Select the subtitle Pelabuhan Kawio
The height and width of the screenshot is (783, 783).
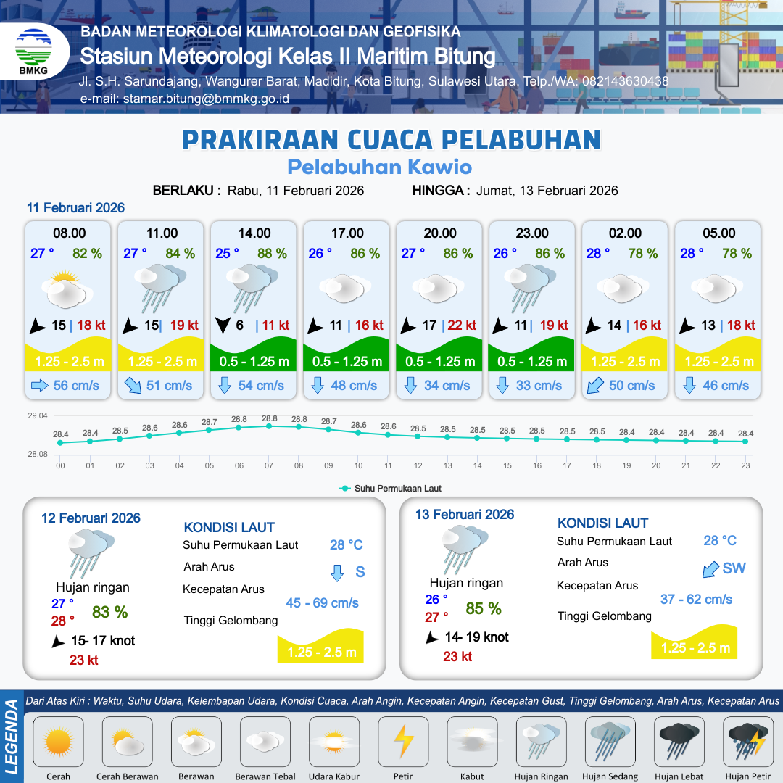tap(379, 167)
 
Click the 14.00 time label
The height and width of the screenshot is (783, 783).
tap(254, 233)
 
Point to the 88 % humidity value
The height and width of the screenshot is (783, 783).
tap(272, 254)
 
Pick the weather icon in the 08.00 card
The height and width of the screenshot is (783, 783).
tap(67, 289)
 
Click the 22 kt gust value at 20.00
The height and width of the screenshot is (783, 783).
tap(462, 326)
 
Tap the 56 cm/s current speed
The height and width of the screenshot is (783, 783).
tap(76, 385)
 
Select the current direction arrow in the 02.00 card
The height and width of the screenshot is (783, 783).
tap(594, 385)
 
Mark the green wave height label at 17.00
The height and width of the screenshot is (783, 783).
tap(347, 362)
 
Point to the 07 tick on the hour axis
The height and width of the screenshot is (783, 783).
tap(269, 465)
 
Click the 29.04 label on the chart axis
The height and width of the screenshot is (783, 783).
tap(38, 416)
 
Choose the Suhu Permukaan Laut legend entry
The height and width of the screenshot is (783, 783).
tap(391, 489)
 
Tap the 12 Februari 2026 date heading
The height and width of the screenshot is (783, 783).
tap(91, 518)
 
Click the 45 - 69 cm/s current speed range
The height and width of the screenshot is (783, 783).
tap(322, 603)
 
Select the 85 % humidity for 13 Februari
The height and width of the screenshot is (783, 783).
tap(484, 608)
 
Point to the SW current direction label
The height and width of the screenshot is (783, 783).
tap(734, 568)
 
